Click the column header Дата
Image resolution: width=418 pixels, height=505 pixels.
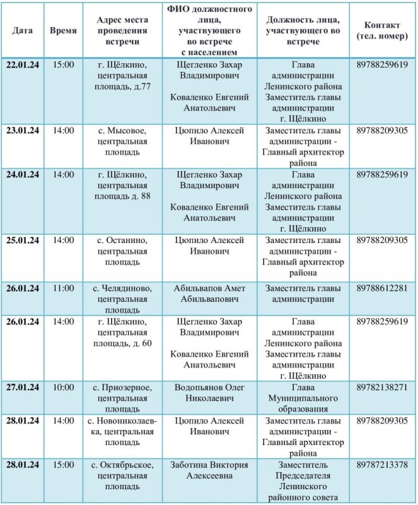coord(23,30)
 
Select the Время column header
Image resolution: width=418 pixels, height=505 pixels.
coord(63,30)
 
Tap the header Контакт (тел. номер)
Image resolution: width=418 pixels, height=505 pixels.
coord(381,30)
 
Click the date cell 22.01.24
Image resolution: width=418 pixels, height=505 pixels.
coord(23,64)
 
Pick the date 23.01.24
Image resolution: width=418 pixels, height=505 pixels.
coord(23,131)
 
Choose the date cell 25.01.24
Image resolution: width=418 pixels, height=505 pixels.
coord(23,241)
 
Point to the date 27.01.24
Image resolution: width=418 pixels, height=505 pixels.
coord(23,387)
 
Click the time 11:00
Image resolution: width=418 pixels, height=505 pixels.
coord(63,288)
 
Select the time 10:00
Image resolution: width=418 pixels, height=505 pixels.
coord(63,387)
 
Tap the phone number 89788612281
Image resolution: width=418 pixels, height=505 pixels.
coord(381,288)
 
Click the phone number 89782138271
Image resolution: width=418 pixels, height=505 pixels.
coord(381,387)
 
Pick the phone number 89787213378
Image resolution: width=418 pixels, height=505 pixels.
coord(381,465)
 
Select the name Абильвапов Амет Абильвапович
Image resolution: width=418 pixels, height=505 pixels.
coord(207,294)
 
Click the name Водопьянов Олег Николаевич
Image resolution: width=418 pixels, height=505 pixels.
coord(207,393)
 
